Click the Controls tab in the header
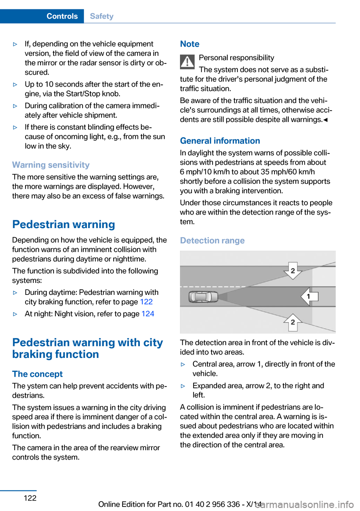coord(62,16)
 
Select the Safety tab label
coord(102,16)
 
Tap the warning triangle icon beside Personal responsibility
coord(187,62)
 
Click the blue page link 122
coord(146,302)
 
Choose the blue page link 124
coord(148,314)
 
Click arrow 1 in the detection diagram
coord(309,296)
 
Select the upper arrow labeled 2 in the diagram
coord(293,271)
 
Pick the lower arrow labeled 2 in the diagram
coord(293,322)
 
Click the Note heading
coord(190,44)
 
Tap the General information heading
coord(220,141)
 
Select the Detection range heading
coord(212,241)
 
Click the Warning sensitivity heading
coord(51,165)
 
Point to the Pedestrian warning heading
coord(64,225)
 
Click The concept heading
coord(37,374)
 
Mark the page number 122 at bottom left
coord(30,498)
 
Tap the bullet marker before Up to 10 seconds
coord(15,85)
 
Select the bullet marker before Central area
coord(183,364)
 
